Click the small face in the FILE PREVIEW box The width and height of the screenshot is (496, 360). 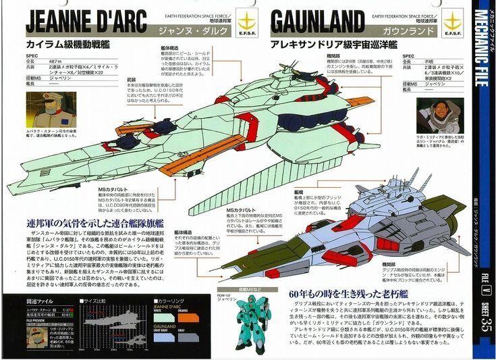[x=37, y=336]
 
